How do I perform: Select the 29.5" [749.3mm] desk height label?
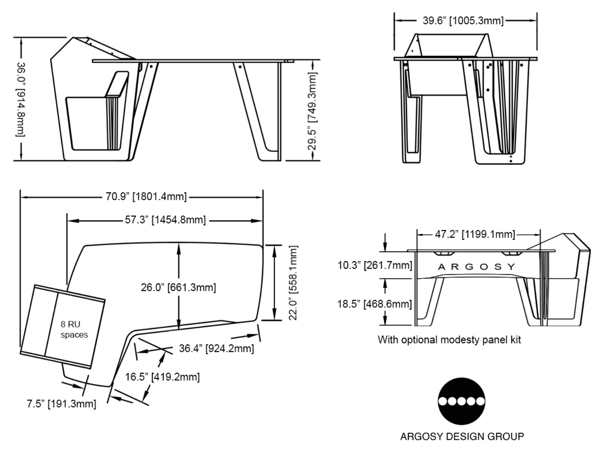(x=313, y=111)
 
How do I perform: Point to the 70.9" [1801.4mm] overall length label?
(x=146, y=197)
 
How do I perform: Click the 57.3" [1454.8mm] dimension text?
(x=165, y=220)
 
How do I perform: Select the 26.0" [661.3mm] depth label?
(x=178, y=287)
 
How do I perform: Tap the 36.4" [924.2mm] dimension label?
(x=216, y=349)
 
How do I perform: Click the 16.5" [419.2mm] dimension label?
(x=162, y=377)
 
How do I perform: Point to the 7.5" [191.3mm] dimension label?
(x=61, y=404)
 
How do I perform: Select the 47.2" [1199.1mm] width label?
(x=475, y=234)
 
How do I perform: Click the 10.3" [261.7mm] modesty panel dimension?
(x=375, y=265)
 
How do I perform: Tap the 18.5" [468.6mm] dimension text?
(x=375, y=304)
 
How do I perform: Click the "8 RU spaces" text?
(x=74, y=330)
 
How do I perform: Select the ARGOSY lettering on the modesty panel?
(x=476, y=267)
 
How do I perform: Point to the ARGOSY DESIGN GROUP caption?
(x=462, y=436)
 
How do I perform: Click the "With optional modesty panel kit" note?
(x=449, y=339)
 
